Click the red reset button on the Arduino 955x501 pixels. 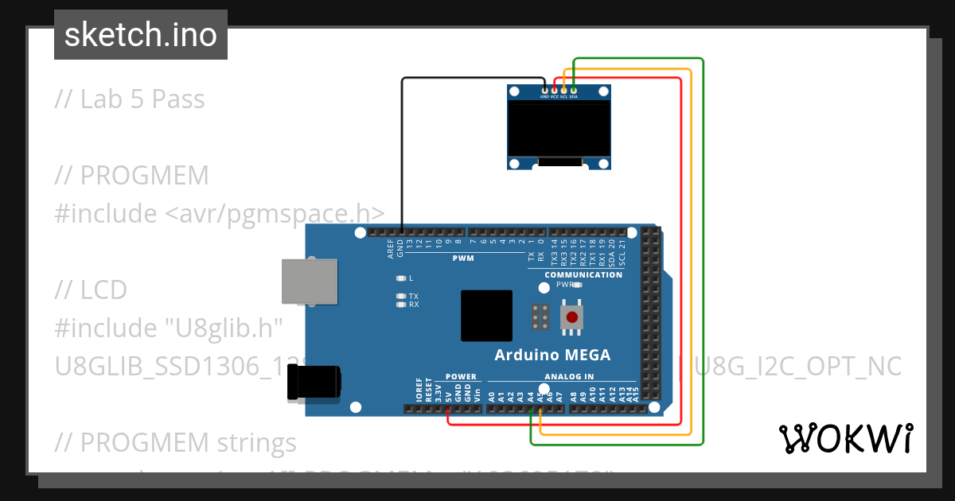(571, 317)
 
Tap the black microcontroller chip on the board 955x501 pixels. (486, 316)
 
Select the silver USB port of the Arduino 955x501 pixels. (308, 281)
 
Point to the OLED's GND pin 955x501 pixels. (544, 91)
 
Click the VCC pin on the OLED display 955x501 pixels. (554, 91)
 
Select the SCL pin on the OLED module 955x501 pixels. (563, 91)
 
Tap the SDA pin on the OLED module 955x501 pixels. (573, 91)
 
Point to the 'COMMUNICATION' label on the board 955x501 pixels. (583, 275)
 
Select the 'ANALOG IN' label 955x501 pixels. (569, 377)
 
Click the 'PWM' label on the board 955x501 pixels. (462, 258)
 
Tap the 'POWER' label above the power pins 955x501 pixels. (461, 377)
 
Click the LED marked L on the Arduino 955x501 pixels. (401, 278)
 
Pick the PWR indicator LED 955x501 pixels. (578, 284)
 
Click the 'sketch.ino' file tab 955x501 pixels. (141, 35)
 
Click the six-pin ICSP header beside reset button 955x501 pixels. (540, 317)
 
